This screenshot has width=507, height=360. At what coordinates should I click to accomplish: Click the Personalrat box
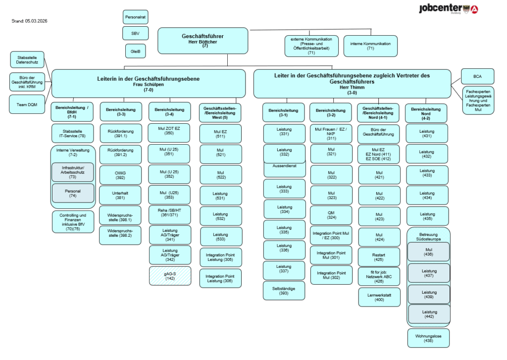pyautogui.click(x=135, y=17)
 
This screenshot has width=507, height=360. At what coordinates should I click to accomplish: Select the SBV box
pyautogui.click(x=135, y=33)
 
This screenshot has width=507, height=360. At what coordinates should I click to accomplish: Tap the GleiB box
pyautogui.click(x=135, y=51)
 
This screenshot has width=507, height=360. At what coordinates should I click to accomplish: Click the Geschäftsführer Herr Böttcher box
pyautogui.click(x=203, y=41)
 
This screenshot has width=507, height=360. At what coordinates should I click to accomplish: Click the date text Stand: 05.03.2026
pyautogui.click(x=29, y=21)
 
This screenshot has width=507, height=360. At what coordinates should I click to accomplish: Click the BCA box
pyautogui.click(x=477, y=77)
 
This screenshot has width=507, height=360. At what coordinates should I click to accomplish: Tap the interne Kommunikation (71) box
pyautogui.click(x=370, y=46)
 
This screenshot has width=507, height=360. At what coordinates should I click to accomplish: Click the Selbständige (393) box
pyautogui.click(x=284, y=290)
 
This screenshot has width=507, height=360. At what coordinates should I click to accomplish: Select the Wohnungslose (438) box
pyautogui.click(x=428, y=338)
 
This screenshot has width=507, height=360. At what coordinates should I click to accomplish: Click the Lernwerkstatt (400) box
pyautogui.click(x=379, y=297)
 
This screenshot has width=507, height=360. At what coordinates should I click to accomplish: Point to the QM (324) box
pyautogui.click(x=331, y=215)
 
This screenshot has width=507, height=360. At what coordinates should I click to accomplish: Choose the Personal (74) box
pyautogui.click(x=73, y=193)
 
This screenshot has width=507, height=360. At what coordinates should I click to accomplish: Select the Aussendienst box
pyautogui.click(x=284, y=167)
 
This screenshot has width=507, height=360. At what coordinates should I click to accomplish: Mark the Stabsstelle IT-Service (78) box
pyautogui.click(x=73, y=133)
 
